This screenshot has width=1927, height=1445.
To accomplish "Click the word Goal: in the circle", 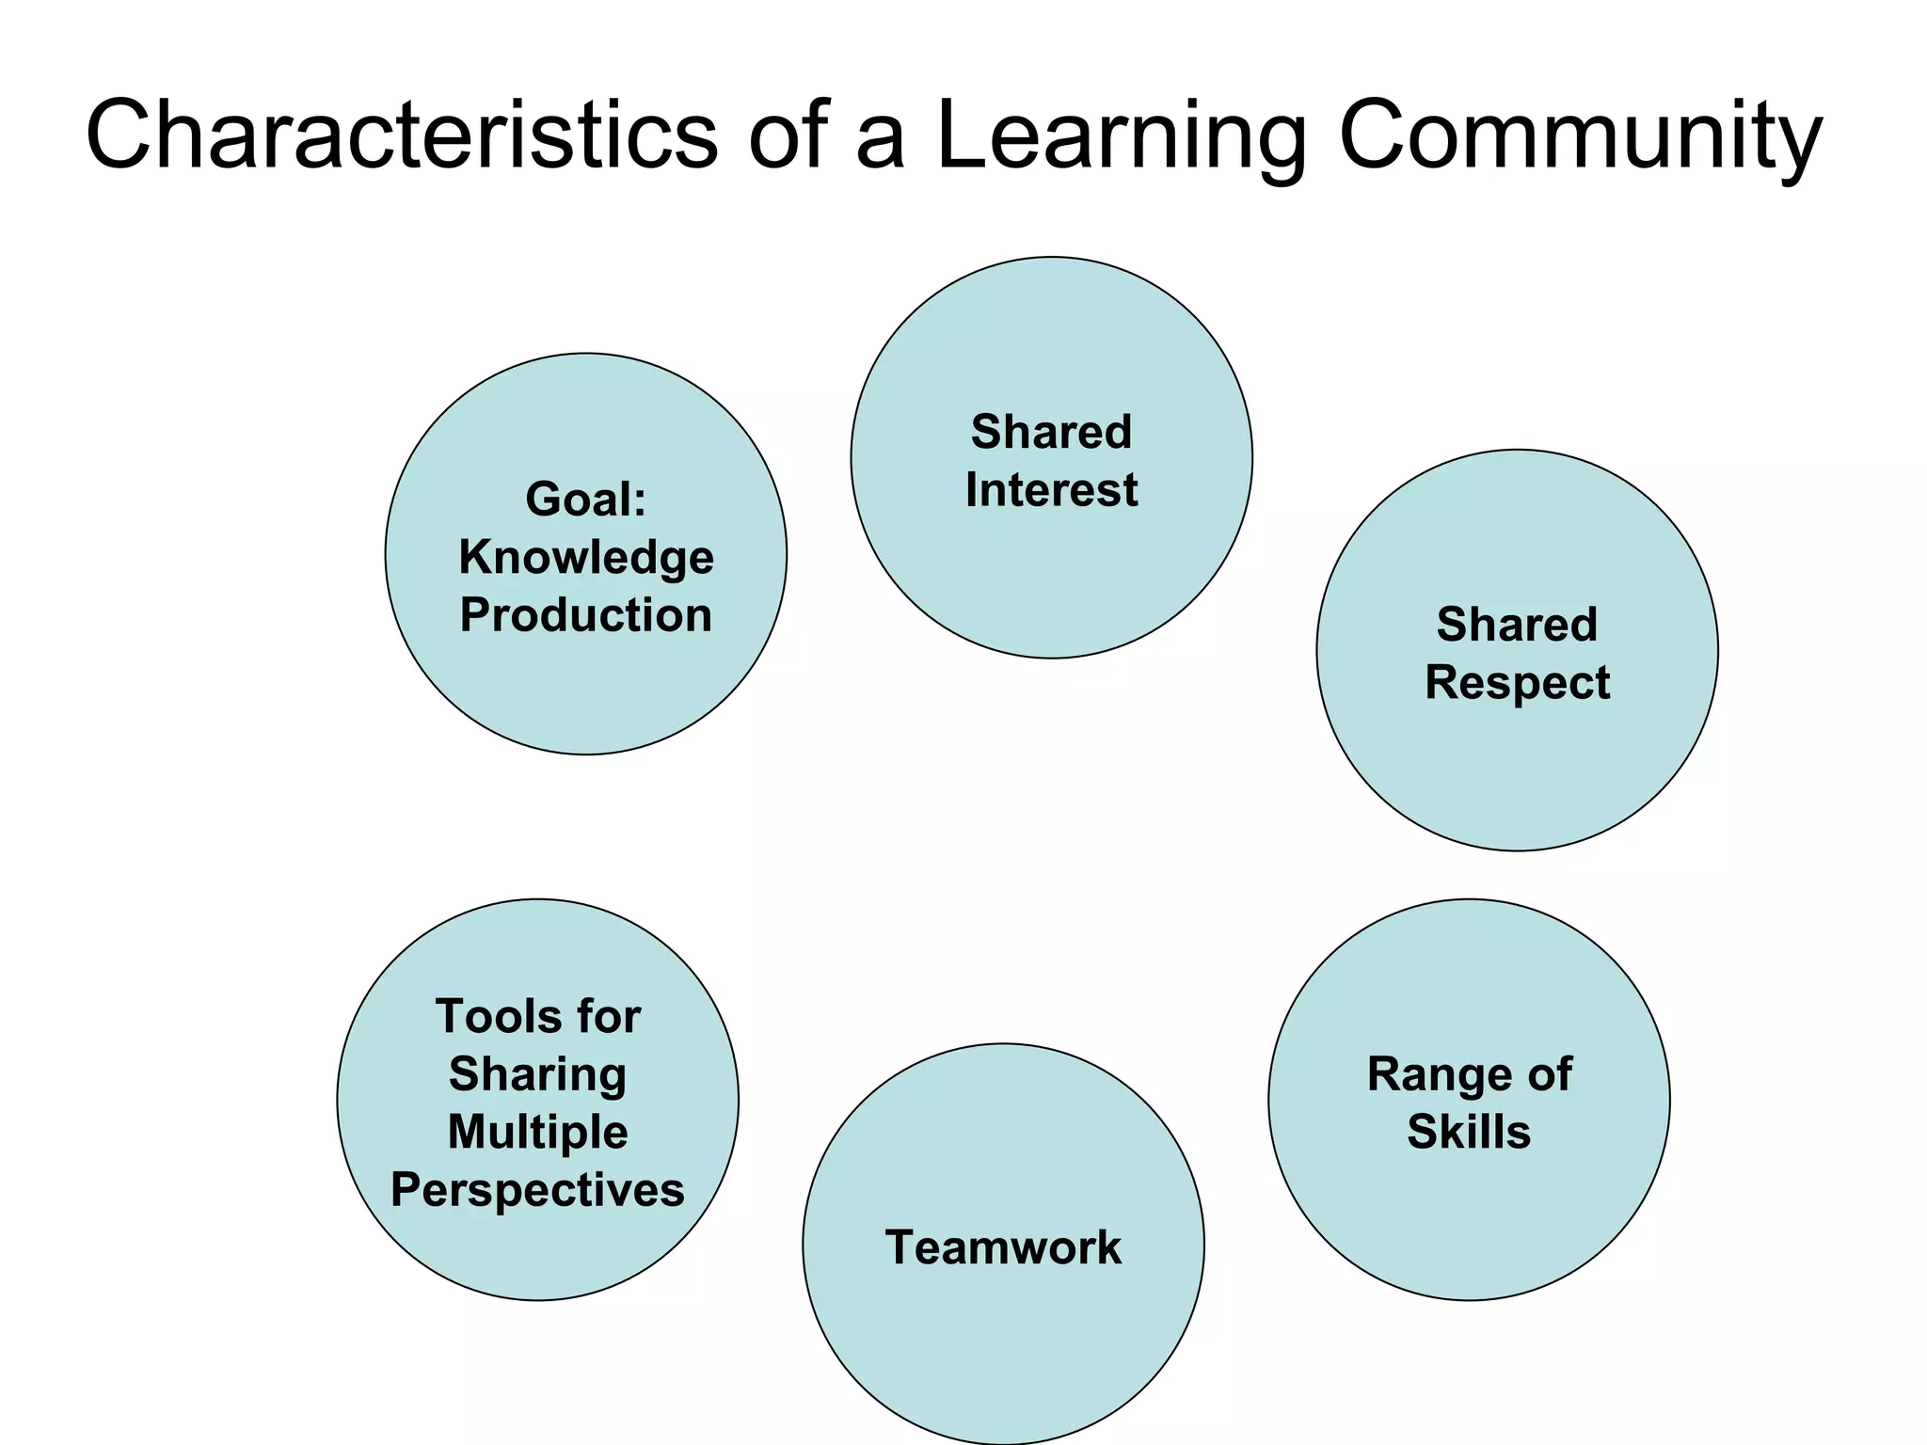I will tap(586, 499).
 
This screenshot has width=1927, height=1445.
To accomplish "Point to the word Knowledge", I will tap(586, 557).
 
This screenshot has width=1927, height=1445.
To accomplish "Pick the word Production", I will tap(586, 615).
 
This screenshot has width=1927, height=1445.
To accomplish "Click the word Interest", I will tap(1051, 490).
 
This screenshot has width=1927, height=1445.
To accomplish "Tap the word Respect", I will tap(1517, 683).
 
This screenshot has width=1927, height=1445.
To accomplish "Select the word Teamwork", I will tap(1003, 1247).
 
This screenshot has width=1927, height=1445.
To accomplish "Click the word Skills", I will tap(1469, 1132).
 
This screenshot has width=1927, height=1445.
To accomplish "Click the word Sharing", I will tap(537, 1074).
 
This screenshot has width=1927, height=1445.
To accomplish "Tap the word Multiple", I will tap(537, 1132).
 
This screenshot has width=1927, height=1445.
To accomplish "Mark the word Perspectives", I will tap(537, 1190).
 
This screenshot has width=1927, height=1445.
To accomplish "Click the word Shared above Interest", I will tap(1051, 433).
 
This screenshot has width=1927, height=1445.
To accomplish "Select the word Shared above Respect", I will tap(1517, 625).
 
